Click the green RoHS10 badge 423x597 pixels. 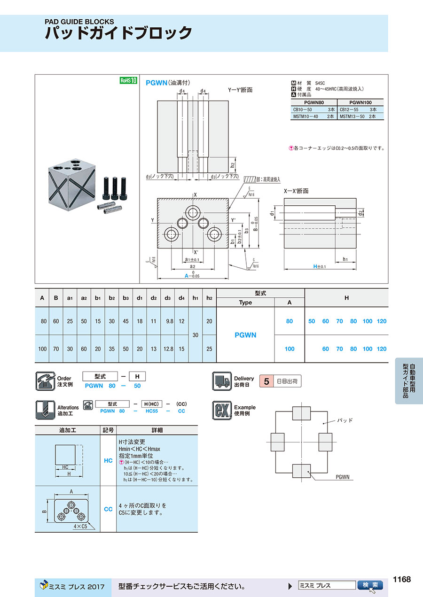click(128, 80)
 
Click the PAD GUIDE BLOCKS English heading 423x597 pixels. click(79, 21)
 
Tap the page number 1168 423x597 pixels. click(401, 579)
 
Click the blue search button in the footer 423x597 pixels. click(370, 585)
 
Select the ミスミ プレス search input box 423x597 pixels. click(327, 585)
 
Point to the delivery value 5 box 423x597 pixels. click(266, 381)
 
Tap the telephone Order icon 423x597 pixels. click(45, 381)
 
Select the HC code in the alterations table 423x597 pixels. click(108, 461)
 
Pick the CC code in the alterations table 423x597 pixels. click(108, 509)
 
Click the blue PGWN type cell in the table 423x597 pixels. click(245, 335)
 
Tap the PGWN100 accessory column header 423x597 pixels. click(360, 102)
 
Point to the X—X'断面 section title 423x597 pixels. click(296, 191)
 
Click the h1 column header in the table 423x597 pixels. click(195, 298)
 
